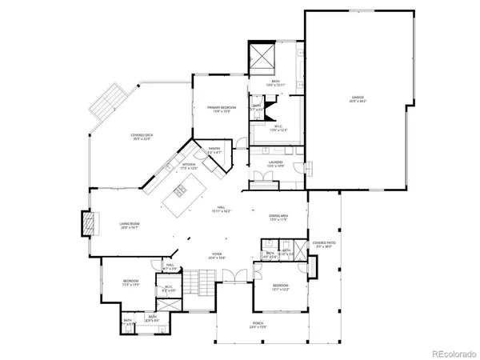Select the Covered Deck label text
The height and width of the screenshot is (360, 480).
tap(142, 138)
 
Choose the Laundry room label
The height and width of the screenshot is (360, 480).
tap(276, 164)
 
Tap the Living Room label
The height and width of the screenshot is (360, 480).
tap(130, 226)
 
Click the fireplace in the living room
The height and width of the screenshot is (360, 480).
tap(88, 223)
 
